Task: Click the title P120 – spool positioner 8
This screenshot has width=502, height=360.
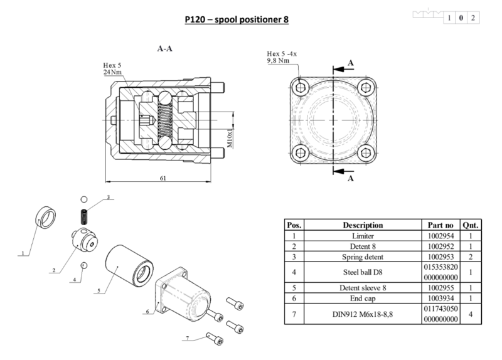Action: tap(237, 19)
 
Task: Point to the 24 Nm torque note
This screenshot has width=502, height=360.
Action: tap(112, 73)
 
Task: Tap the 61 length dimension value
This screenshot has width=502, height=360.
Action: tap(163, 179)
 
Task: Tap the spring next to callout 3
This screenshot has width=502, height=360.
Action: tap(83, 216)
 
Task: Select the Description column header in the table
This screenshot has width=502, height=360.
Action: tap(363, 225)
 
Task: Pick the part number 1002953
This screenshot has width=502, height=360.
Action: tap(439, 257)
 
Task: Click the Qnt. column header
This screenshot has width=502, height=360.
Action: tap(470, 225)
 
